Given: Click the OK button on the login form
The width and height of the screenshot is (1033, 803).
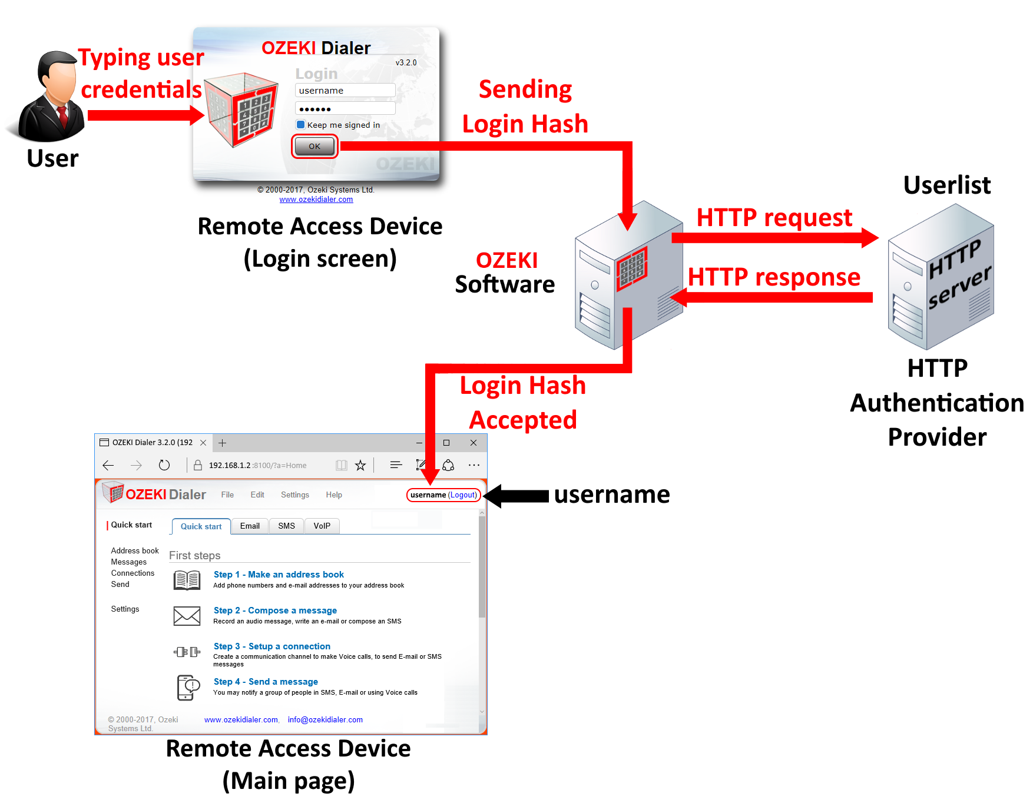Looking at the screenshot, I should (314, 146).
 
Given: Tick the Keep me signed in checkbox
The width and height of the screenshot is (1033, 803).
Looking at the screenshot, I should (301, 125).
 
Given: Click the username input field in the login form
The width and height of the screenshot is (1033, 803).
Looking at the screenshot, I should (345, 91).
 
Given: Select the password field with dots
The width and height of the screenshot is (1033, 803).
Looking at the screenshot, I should (345, 109).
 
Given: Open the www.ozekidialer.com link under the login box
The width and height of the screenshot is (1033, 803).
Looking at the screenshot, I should (316, 200).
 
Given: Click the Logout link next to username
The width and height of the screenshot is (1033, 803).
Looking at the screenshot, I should (463, 495).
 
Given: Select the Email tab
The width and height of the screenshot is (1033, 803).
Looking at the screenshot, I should (250, 526).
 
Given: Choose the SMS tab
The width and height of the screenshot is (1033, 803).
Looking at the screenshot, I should (286, 526).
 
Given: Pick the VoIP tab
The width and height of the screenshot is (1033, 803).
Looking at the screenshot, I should (322, 526).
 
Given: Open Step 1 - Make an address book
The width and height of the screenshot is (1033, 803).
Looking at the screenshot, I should (279, 575).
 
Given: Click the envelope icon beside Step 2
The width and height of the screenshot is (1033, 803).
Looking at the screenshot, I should (187, 616).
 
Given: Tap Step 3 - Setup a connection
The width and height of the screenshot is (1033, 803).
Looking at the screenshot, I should (272, 646).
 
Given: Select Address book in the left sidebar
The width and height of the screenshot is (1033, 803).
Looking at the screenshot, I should (135, 551).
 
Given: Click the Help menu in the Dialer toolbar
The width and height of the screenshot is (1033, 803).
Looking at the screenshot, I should (334, 495).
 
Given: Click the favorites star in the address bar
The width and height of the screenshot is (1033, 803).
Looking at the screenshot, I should (360, 466).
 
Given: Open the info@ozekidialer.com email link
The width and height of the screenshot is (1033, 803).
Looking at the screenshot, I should (325, 720).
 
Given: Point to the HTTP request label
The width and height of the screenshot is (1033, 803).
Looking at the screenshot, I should (774, 218).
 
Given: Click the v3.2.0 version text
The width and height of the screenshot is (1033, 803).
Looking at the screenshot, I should (406, 62).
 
